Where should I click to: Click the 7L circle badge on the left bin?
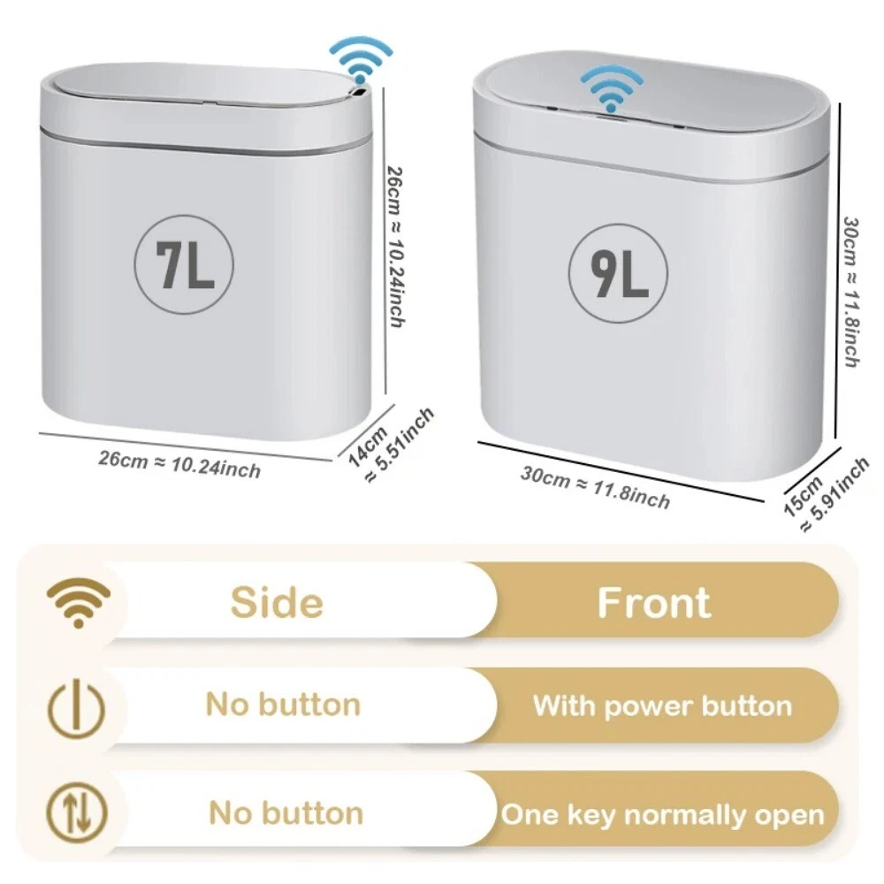(184, 265)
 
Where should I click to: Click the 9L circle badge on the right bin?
(618, 273)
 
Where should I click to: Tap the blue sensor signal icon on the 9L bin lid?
(612, 88)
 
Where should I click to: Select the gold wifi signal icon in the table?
(79, 602)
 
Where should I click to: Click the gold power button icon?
(77, 709)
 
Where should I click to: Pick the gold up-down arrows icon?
(77, 813)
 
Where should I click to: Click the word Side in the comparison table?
(277, 602)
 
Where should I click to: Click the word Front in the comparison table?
(654, 602)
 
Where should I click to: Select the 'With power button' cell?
(662, 705)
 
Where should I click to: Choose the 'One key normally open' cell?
(662, 815)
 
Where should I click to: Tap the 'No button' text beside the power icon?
(283, 705)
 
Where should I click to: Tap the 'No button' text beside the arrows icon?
(286, 813)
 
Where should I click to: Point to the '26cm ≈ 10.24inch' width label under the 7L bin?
(179, 464)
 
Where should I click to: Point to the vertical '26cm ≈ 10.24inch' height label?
(396, 247)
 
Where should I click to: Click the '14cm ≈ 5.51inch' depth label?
(391, 446)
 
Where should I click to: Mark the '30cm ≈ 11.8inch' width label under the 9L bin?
(595, 488)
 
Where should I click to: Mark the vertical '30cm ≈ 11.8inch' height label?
(851, 292)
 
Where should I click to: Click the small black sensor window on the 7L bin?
(357, 91)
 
